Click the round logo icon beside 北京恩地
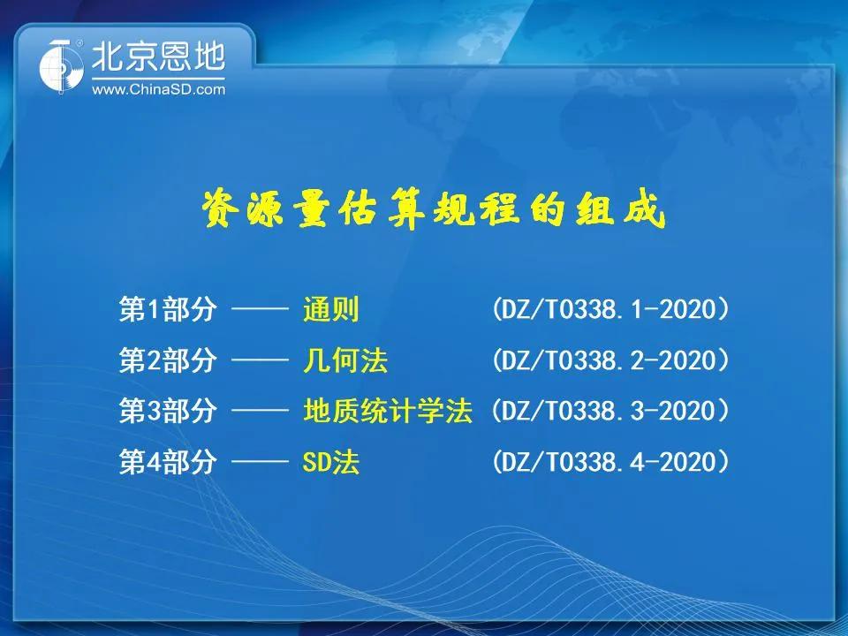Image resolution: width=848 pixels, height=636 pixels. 61,67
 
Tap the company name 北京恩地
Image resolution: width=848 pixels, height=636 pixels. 158,57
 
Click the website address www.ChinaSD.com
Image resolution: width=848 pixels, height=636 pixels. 158,89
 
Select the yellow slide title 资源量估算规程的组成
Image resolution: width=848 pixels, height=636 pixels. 433,209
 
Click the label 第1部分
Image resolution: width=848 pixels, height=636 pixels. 168,309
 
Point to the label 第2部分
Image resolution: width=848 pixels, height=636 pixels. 168,360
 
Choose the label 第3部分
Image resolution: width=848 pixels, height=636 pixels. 168,411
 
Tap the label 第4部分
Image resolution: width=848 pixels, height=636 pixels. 168,462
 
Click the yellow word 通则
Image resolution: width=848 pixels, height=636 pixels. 331,309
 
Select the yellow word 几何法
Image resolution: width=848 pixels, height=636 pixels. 345,360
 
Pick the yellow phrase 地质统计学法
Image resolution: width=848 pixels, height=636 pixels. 388,411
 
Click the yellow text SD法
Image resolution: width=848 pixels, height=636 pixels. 331,462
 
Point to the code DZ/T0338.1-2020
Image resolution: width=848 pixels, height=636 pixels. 610,309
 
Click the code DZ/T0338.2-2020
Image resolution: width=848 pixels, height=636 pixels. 610,360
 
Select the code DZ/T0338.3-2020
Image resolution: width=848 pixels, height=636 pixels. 610,411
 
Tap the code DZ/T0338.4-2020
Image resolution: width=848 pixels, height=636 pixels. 610,462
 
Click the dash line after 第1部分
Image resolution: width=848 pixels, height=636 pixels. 260,309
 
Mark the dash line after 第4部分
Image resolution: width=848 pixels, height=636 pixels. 260,462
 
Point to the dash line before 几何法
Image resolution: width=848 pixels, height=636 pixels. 260,360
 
